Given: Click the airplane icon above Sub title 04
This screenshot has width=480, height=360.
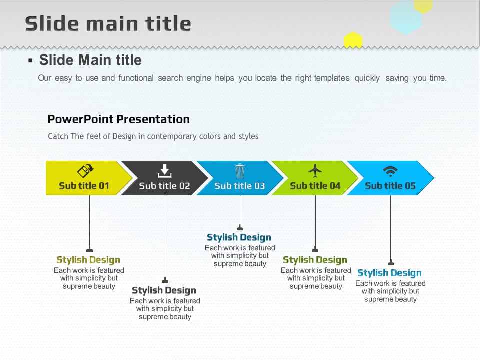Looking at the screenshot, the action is (315, 171).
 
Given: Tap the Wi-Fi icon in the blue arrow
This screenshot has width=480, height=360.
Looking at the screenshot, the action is (390, 171).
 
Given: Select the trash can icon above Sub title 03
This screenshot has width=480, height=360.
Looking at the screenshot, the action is (240, 171).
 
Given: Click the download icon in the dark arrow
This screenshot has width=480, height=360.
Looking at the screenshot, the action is (164, 171).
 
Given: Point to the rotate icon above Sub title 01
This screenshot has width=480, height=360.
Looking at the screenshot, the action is (85, 171).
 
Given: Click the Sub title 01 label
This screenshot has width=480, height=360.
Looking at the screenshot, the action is (84, 186).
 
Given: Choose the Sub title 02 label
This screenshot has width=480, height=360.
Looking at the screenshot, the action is (164, 186).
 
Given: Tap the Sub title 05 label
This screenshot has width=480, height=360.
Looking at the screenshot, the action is (390, 186).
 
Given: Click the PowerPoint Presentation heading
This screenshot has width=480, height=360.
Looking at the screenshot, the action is (119, 119).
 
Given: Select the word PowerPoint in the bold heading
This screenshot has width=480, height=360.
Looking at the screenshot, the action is (81, 119).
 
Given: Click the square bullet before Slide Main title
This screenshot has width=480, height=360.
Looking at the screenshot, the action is (30, 60).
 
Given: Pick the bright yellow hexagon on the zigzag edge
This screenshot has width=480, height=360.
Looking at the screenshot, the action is (353, 40).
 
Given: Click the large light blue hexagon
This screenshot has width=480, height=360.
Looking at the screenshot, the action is (406, 18).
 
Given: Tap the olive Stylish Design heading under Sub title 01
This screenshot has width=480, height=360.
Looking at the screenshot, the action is (88, 260).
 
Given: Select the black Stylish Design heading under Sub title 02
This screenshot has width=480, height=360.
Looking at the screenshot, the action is (164, 290).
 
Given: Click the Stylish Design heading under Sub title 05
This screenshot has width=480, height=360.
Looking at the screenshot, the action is (389, 273).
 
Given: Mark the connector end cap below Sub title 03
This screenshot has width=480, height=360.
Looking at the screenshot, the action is (240, 228).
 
